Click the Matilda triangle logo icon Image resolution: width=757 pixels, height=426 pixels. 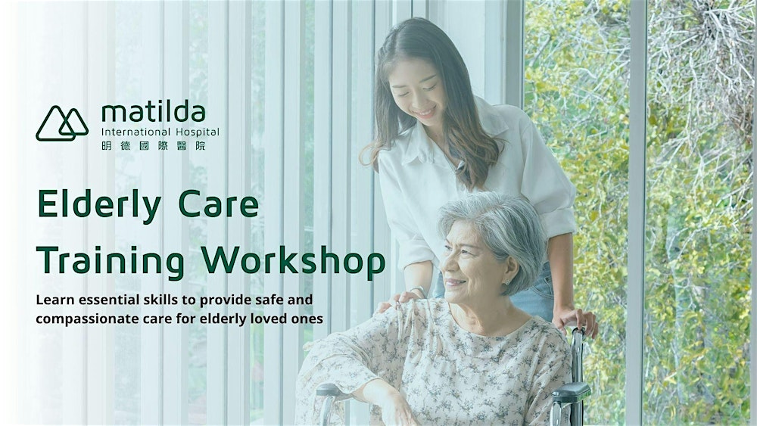pyautogui.click(x=62, y=123)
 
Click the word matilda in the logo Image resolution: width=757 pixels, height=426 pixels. pyautogui.click(x=154, y=113)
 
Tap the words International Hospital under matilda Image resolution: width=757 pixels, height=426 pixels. pyautogui.click(x=160, y=132)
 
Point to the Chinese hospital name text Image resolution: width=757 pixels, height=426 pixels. pyautogui.click(x=152, y=145)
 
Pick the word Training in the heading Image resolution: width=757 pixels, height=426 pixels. pyautogui.click(x=110, y=261)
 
